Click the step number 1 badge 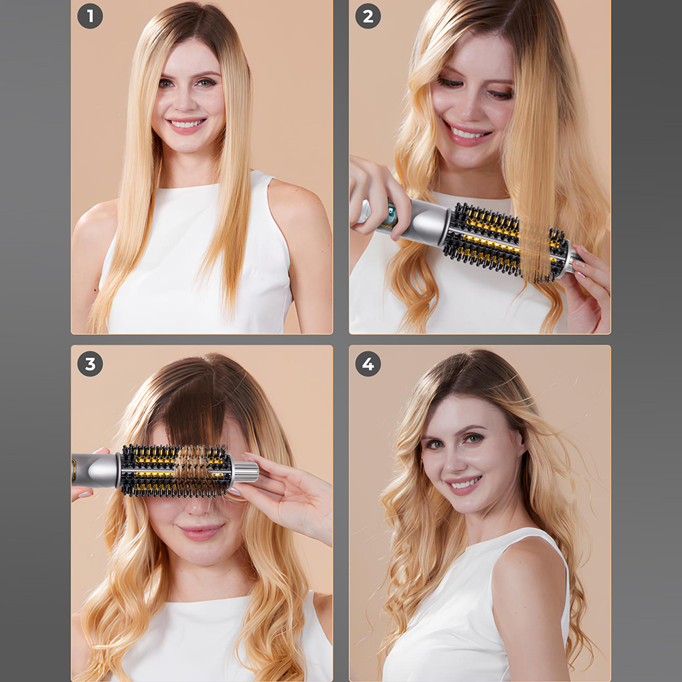pos(90,16)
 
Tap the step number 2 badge pos(368,16)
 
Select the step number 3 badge pos(90,364)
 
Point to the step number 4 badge pos(368,364)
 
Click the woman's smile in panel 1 pos(186,123)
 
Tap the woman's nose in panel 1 pos(188,101)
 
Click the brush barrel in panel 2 pos(507,242)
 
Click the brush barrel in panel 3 pos(176,471)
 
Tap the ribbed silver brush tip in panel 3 pos(246,471)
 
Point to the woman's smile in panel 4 pos(464,484)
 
